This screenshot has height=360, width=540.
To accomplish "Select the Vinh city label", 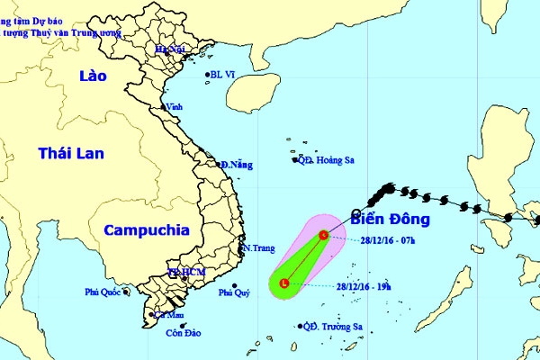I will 174,107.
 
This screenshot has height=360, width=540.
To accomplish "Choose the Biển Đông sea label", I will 391,219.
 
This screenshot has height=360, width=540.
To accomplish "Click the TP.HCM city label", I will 187,272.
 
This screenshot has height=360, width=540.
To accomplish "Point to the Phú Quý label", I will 236,292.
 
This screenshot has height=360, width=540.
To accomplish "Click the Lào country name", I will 92,76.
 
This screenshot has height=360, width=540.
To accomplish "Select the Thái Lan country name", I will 71,154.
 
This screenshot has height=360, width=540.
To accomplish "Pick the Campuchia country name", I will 147,230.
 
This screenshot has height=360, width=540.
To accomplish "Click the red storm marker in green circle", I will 284,283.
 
